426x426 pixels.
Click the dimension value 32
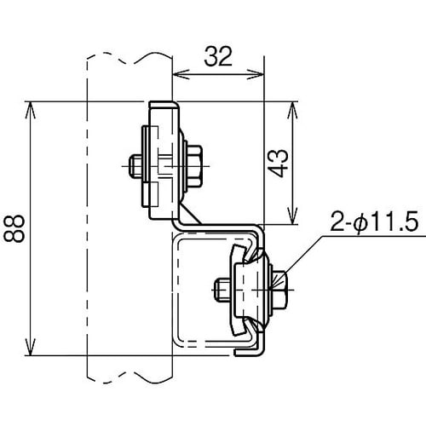219,57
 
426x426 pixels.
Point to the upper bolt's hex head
193,162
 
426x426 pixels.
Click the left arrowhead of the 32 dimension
179,76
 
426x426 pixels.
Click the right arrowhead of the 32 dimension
261,76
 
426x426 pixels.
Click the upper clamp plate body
165,161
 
